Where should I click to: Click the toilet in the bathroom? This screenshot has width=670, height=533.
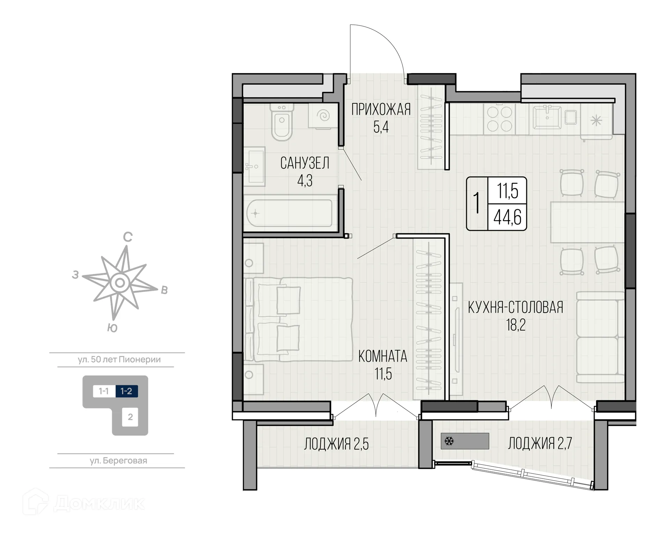[x=282, y=122]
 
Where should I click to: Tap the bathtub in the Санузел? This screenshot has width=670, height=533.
[x=289, y=213]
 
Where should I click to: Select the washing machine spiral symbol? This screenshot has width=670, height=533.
[x=324, y=115]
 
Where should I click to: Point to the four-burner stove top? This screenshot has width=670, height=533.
[x=499, y=119]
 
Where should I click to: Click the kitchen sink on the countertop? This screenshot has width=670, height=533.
[x=547, y=117]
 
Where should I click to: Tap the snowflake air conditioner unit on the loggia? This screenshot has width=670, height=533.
[x=464, y=441]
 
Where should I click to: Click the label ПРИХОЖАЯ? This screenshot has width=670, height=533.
[x=381, y=110]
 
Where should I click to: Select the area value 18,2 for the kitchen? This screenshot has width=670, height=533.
[x=516, y=325]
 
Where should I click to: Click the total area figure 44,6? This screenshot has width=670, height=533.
[x=507, y=218]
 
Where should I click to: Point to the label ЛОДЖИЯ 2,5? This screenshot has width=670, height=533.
[x=336, y=444]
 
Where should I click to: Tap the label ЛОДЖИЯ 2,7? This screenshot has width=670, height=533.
[x=539, y=443]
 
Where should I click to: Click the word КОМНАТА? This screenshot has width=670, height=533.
[x=383, y=356]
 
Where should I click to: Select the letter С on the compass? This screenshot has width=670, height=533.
[x=128, y=237]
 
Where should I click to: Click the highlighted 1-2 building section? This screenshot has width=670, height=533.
[x=127, y=391]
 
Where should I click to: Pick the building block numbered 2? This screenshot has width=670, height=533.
[x=130, y=417]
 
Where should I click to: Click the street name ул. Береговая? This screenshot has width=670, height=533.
[x=118, y=461]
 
